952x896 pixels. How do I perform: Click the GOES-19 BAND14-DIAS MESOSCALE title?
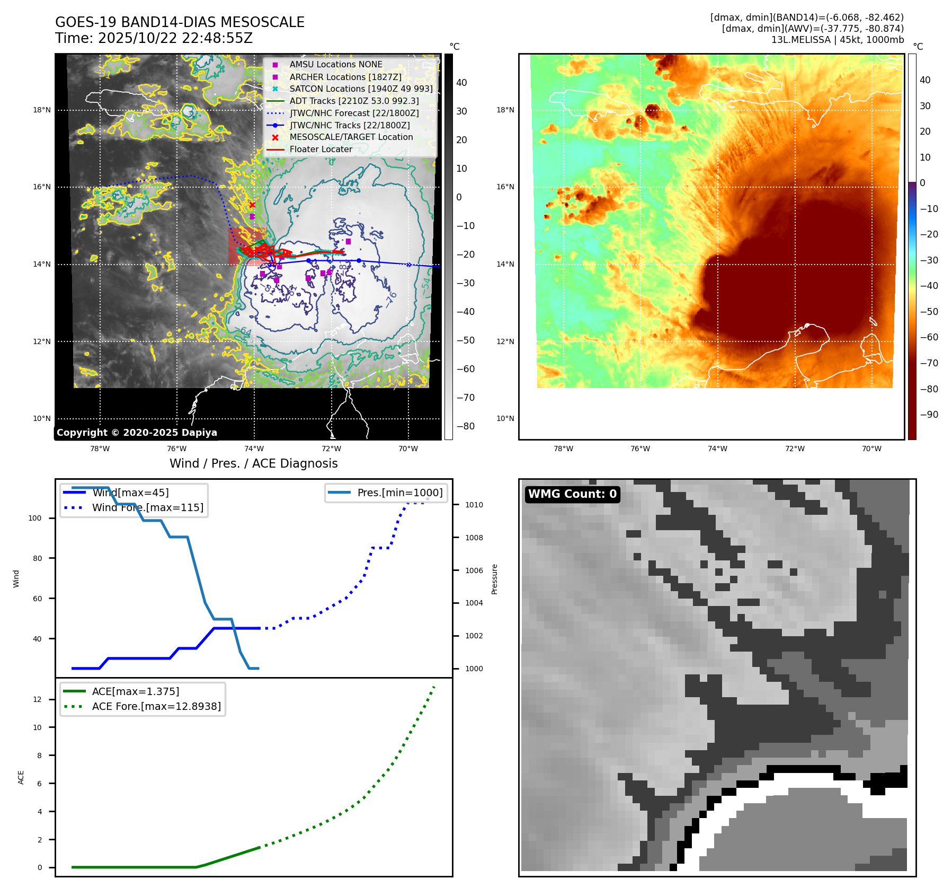180,22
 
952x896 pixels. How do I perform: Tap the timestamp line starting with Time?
154,38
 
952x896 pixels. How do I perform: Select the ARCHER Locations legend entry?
345,77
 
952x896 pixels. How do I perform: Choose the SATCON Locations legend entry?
361,89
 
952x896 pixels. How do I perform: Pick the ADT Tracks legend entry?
354,101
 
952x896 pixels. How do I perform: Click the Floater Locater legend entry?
321,149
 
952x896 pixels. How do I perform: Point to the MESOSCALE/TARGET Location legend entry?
351,137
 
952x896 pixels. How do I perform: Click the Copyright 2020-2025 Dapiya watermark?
137,433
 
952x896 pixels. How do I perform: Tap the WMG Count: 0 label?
572,494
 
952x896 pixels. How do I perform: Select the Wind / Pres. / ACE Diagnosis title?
253,463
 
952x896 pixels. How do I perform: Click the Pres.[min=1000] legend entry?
399,493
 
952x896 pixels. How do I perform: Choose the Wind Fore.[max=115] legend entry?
147,507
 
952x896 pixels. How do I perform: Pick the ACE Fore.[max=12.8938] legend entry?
156,706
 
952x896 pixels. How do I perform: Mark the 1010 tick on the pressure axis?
474,505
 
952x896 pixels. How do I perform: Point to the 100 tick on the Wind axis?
35,518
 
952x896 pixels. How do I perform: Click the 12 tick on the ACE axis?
38,699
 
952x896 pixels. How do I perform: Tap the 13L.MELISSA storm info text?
837,40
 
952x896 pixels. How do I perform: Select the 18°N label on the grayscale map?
42,110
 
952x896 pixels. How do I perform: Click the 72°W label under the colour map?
794,449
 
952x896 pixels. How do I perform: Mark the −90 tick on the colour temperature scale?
929,415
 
